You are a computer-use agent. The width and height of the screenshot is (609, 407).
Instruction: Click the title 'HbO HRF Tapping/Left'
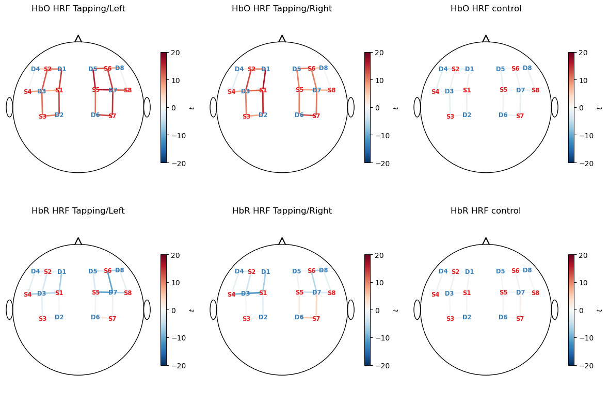78,9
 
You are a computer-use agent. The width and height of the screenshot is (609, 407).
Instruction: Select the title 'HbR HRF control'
485,211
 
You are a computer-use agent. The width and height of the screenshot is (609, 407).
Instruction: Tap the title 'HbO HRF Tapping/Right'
282,9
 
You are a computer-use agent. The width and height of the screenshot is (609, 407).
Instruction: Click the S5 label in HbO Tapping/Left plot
95,90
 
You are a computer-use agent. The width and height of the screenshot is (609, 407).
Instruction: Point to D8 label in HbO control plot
527,68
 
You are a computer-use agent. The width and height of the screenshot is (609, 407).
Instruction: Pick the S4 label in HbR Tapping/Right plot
231,295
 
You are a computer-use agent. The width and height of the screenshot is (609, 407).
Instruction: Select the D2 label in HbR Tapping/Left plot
59,317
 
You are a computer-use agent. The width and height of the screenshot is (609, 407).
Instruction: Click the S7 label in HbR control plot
520,319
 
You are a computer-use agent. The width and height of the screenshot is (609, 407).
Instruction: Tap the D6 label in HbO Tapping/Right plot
299,115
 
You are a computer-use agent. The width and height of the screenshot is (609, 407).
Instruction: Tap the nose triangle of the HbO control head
486,39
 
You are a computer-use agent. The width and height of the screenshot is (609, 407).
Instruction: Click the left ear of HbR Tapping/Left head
9,310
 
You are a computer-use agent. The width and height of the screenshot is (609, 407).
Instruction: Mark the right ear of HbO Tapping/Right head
351,107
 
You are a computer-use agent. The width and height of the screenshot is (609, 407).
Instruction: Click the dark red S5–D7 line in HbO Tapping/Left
104,90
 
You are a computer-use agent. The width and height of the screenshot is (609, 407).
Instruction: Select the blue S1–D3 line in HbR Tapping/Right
254,293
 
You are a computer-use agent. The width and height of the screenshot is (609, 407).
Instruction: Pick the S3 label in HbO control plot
450,117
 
